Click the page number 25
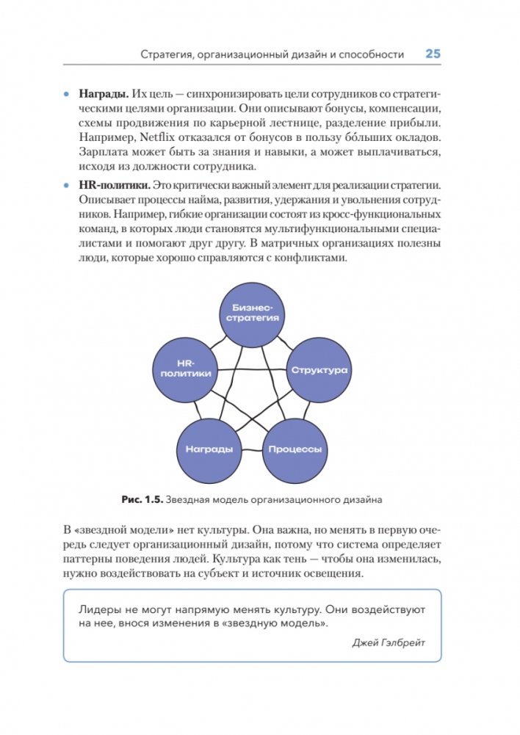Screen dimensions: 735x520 [433, 54]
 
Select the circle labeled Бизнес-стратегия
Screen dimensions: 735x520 [252, 312]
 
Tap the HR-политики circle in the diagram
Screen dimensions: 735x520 [184, 368]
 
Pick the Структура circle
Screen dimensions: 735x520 [319, 370]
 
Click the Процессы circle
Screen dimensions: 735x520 [294, 449]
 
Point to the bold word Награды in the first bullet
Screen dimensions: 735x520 [104, 95]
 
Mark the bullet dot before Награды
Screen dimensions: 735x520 [65, 95]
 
